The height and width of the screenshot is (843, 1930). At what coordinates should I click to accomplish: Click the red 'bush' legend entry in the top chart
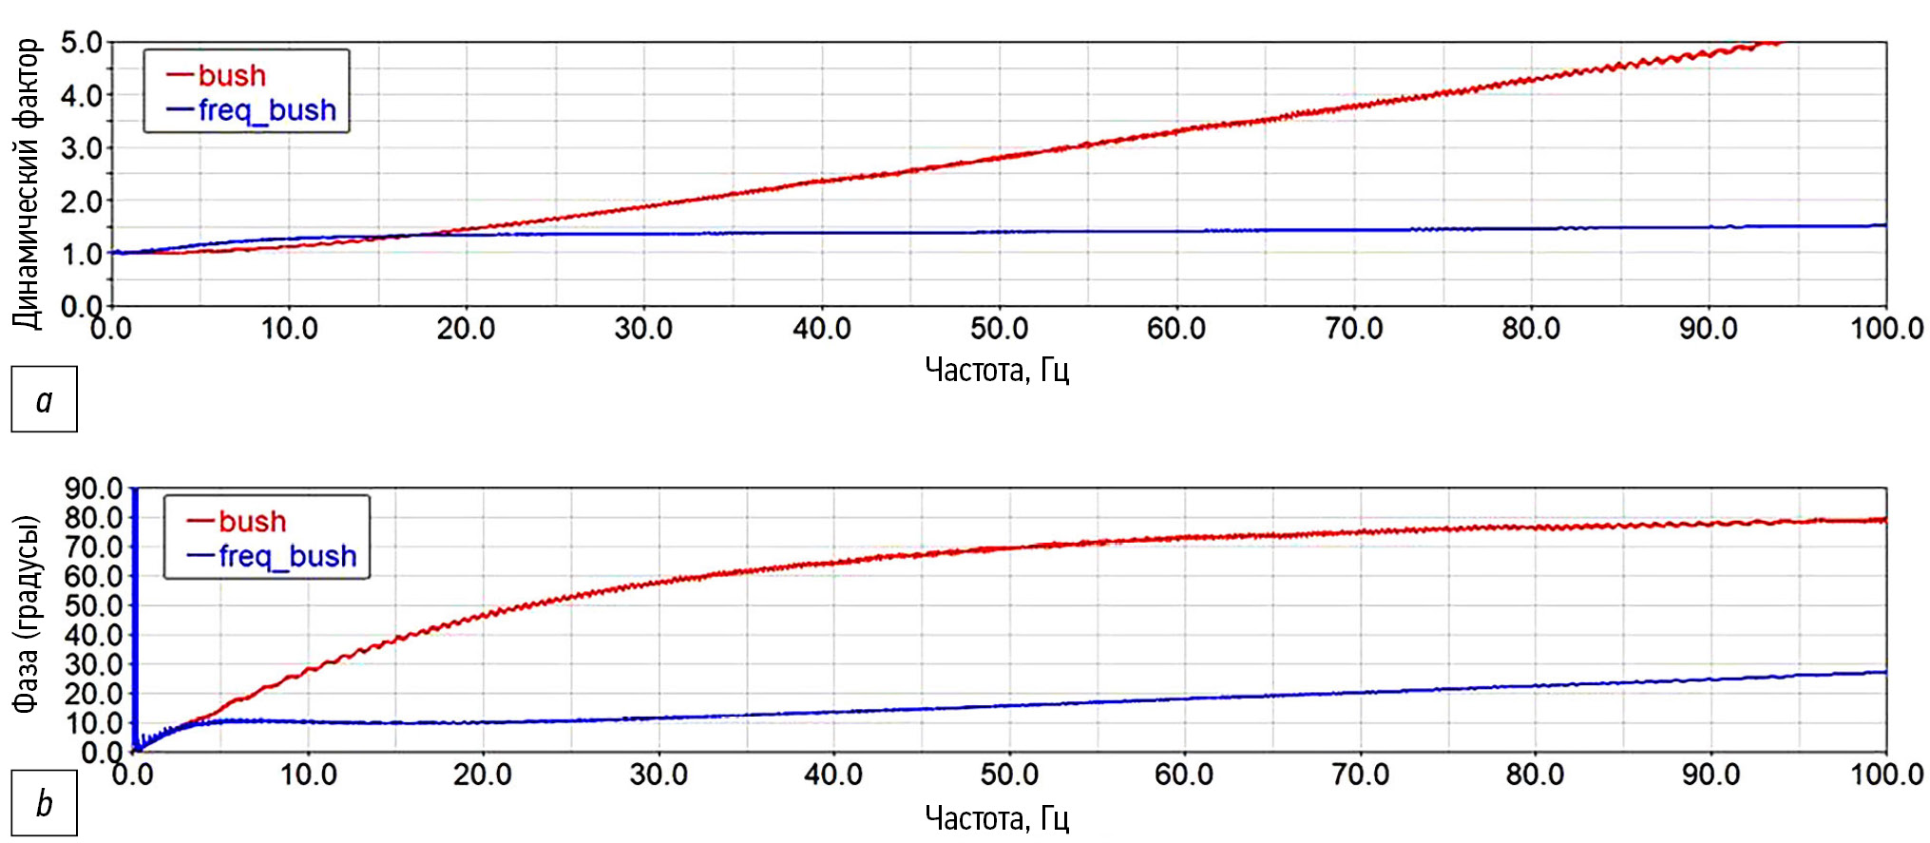pyautogui.click(x=231, y=75)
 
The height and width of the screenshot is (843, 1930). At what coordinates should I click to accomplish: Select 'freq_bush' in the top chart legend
pyautogui.click(x=266, y=110)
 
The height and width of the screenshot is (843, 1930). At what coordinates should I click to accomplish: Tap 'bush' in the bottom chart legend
pyautogui.click(x=251, y=521)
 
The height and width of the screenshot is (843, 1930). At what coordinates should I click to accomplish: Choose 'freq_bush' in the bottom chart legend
pyautogui.click(x=287, y=556)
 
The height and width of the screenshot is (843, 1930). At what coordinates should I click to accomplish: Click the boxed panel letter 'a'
pyautogui.click(x=44, y=399)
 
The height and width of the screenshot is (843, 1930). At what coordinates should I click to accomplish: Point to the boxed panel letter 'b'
pyautogui.click(x=44, y=803)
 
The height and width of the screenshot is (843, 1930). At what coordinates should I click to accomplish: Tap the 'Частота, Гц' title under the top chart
pyautogui.click(x=997, y=369)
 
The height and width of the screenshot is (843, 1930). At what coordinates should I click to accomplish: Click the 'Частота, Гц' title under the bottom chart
pyautogui.click(x=997, y=817)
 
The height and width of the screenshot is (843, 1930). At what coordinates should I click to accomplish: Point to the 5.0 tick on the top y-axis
pyautogui.click(x=81, y=43)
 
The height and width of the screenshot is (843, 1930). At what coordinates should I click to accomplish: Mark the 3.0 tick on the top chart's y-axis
pyautogui.click(x=81, y=148)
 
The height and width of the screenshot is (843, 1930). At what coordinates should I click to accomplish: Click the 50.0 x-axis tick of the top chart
pyautogui.click(x=999, y=329)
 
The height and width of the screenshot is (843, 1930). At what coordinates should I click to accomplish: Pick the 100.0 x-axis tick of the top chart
pyautogui.click(x=1886, y=329)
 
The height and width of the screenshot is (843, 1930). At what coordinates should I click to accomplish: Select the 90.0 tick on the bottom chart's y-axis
pyautogui.click(x=93, y=489)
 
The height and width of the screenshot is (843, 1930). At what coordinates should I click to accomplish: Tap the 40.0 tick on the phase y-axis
pyautogui.click(x=93, y=635)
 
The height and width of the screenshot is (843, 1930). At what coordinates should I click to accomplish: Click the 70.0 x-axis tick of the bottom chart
pyautogui.click(x=1360, y=775)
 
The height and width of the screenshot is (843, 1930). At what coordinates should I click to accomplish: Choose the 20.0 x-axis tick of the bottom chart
pyautogui.click(x=482, y=775)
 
